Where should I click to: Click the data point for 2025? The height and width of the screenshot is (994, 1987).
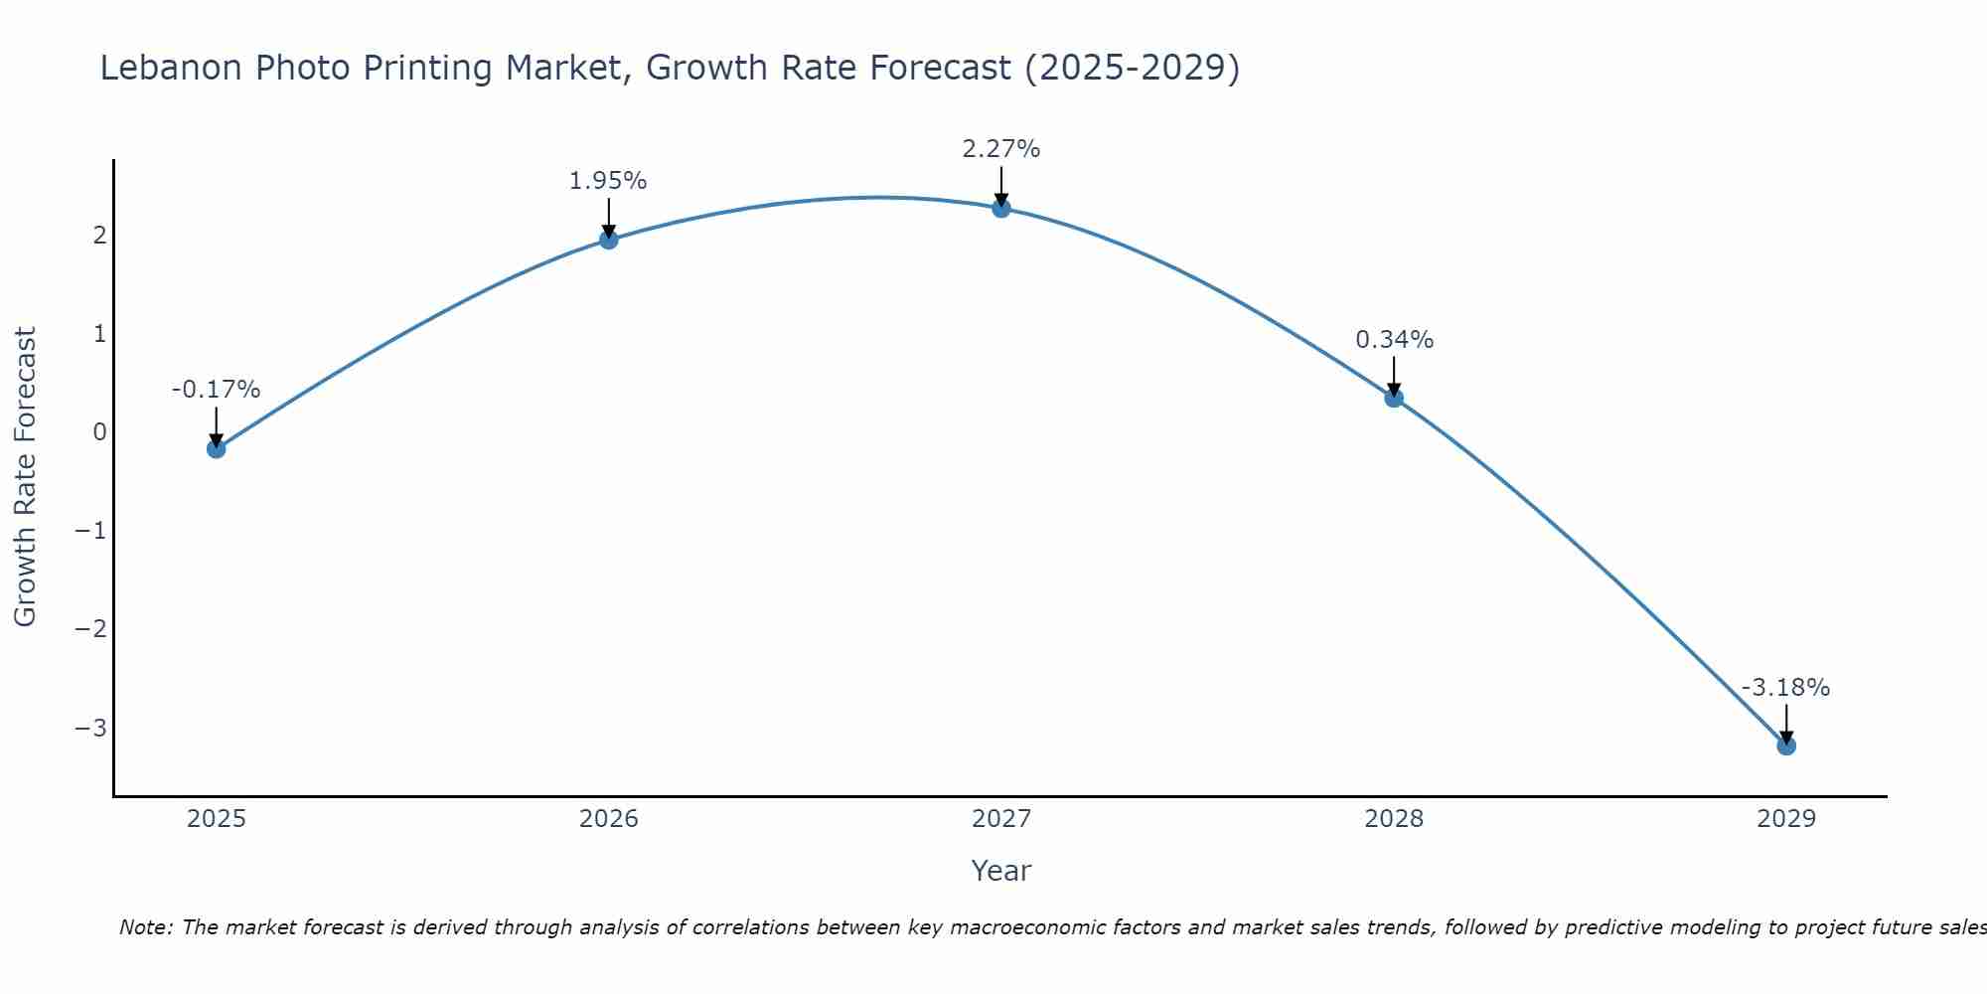tap(216, 448)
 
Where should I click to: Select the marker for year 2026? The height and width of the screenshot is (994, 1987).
tap(609, 240)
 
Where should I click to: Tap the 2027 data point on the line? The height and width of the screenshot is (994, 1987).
tap(1001, 208)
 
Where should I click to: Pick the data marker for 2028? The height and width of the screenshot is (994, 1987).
tap(1394, 398)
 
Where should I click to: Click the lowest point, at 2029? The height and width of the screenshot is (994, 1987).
tap(1786, 745)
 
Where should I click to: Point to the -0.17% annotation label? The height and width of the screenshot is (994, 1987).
tap(216, 390)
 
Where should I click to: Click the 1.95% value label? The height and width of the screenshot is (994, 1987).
tap(608, 181)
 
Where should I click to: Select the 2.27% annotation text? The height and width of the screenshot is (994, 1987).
tap(1001, 149)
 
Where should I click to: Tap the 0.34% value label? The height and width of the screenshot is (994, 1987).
tap(1395, 340)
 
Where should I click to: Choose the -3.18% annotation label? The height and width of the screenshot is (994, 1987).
tap(1785, 688)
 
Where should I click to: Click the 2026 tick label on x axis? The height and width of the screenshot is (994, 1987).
tap(609, 819)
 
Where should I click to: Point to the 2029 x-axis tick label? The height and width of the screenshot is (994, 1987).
tap(1786, 819)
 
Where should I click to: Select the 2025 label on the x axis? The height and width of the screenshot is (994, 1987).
tap(217, 819)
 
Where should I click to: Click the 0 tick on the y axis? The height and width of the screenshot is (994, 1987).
tap(99, 432)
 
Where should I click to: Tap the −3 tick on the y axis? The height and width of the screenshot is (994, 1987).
tap(91, 729)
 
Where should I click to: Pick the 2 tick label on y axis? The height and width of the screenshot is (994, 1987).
tap(99, 236)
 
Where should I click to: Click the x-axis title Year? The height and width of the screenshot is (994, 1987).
tap(1001, 871)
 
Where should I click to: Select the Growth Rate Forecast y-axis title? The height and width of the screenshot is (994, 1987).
tap(25, 477)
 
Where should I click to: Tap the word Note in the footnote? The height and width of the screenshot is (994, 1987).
tap(146, 927)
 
